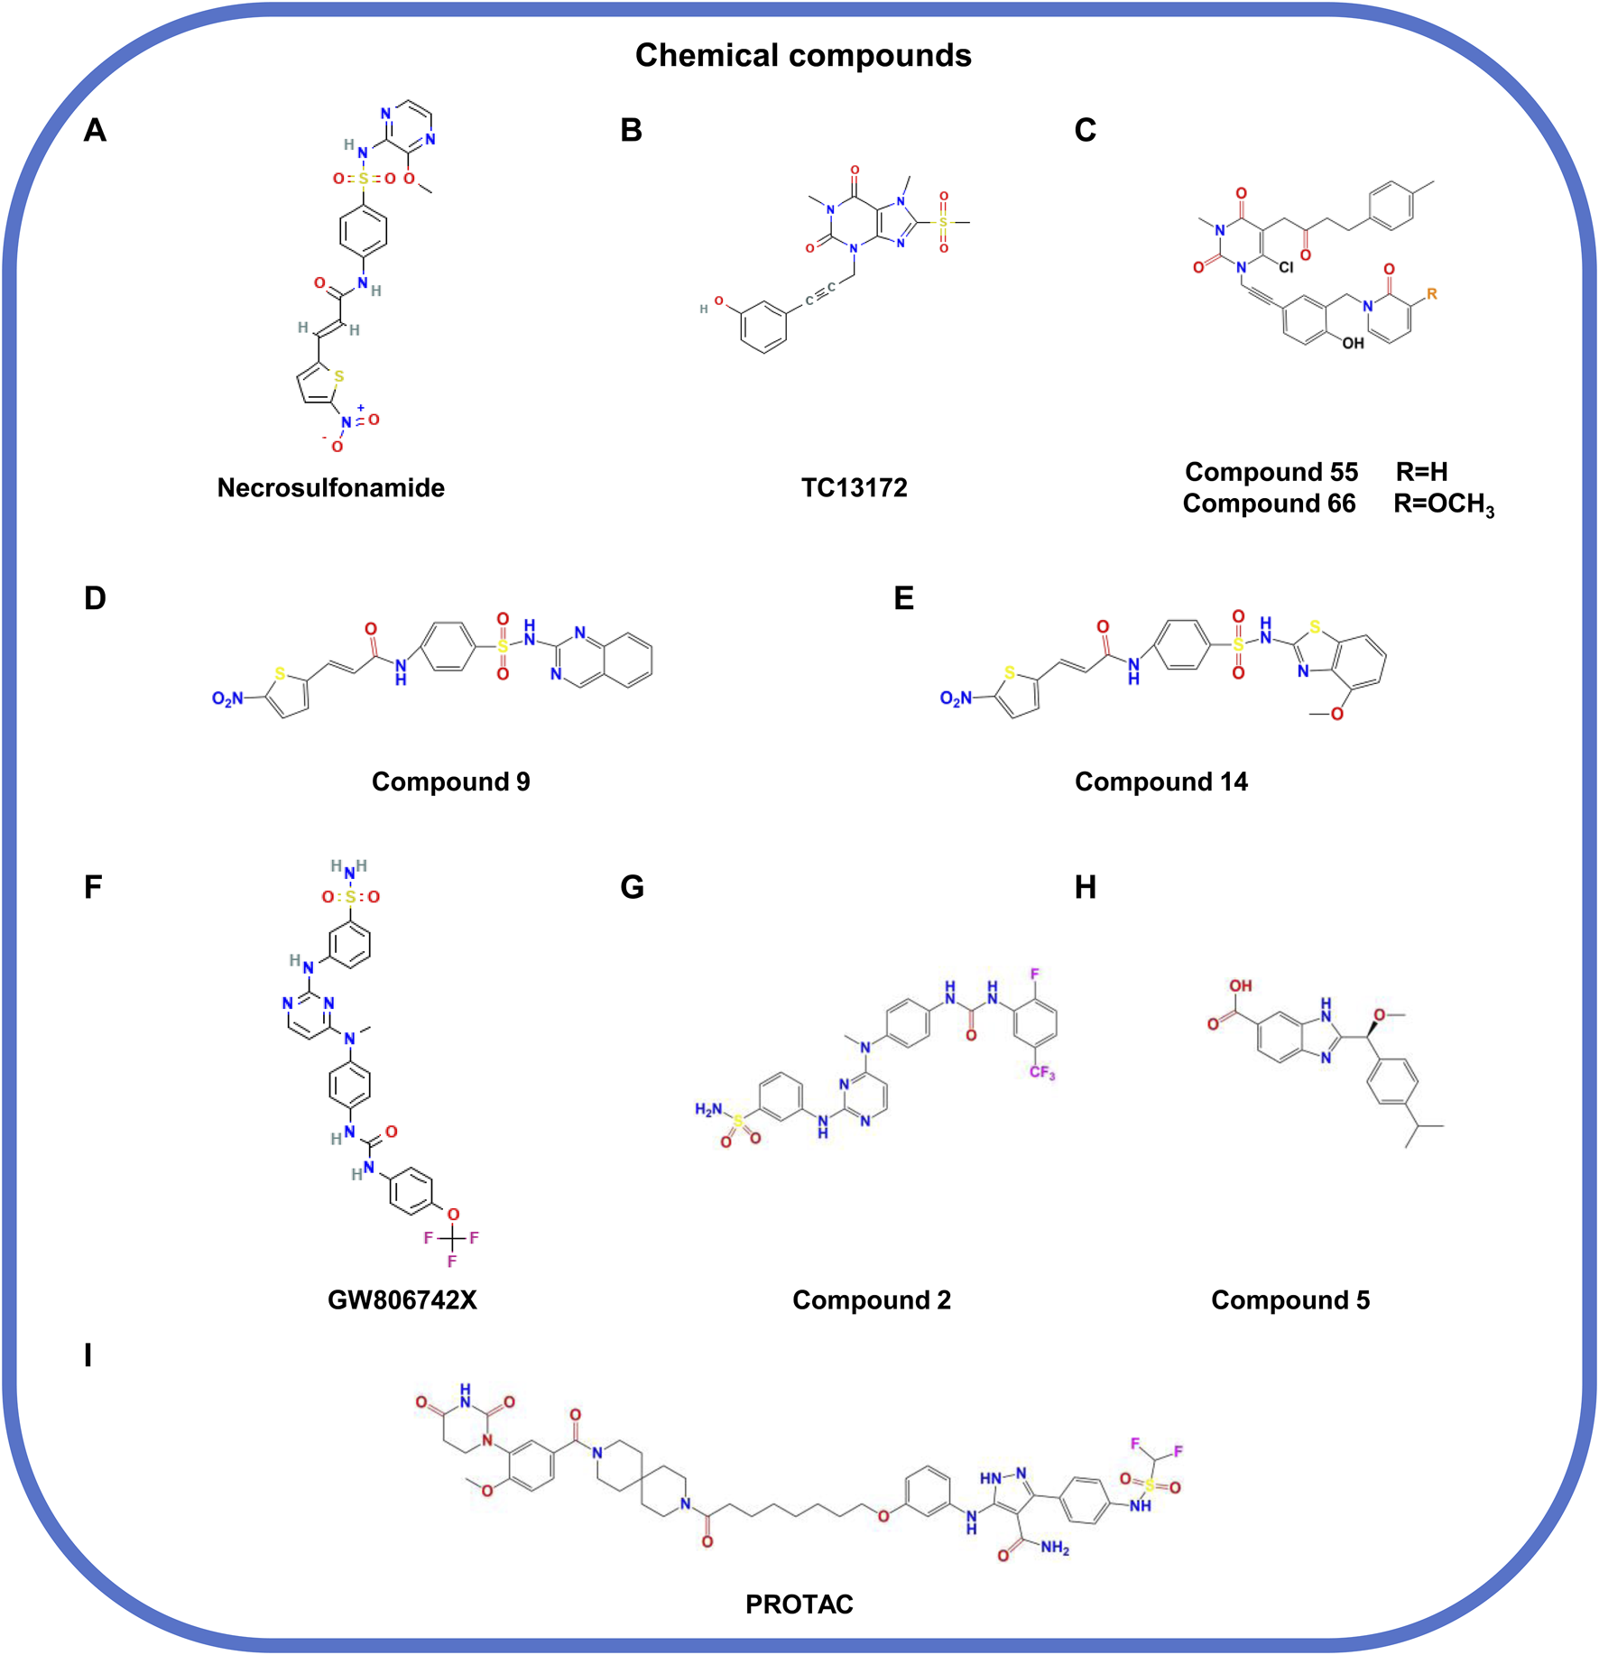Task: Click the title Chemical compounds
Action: pyautogui.click(x=802, y=55)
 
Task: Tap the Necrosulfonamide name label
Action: pyautogui.click(x=330, y=488)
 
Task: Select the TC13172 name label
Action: pyautogui.click(x=854, y=488)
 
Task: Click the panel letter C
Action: pyautogui.click(x=1085, y=131)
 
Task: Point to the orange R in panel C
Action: pyautogui.click(x=1431, y=294)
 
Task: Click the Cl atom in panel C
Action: pyautogui.click(x=1286, y=267)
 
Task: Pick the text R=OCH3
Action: pyautogui.click(x=1443, y=504)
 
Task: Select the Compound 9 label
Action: pyautogui.click(x=450, y=781)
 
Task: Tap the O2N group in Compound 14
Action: pyautogui.click(x=956, y=698)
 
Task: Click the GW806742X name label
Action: pyautogui.click(x=402, y=1299)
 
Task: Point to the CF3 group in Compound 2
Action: pyautogui.click(x=1041, y=1073)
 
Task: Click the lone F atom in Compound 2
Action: pyautogui.click(x=1034, y=974)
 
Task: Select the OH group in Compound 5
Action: pyautogui.click(x=1241, y=985)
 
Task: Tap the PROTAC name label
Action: pyautogui.click(x=799, y=1604)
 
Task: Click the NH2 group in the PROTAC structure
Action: pyautogui.click(x=1054, y=1549)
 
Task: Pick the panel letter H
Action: pyautogui.click(x=1085, y=888)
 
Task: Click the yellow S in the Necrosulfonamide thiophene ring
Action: pyautogui.click(x=339, y=376)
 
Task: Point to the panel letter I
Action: pyautogui.click(x=88, y=1355)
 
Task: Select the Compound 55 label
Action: pyautogui.click(x=1271, y=472)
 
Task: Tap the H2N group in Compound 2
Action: pyautogui.click(x=708, y=1109)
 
